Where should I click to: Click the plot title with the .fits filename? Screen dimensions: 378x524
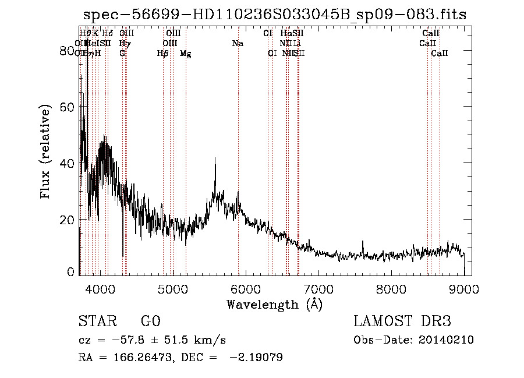275,15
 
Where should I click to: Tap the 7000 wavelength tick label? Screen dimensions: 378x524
318,288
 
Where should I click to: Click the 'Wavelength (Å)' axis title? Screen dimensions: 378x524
274,304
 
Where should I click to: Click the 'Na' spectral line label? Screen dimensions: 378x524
238,44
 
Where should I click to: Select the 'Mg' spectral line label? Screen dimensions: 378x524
185,54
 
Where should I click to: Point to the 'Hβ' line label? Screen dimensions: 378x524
163,54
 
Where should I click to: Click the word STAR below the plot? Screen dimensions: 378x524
96,322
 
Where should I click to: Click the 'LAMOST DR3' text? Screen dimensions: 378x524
402,322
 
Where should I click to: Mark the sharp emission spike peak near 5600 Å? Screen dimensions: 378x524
215,158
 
